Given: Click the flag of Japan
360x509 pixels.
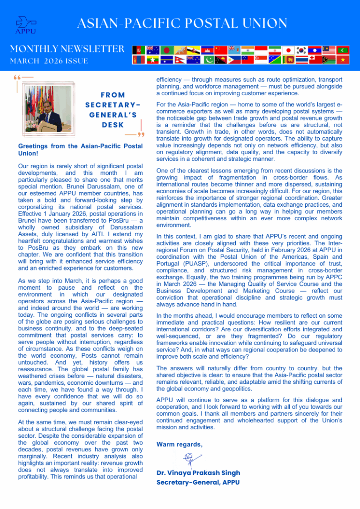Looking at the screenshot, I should (x=287, y=50).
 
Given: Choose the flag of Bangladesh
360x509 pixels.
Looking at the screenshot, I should (x=166, y=50).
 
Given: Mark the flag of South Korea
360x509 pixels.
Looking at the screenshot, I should (x=301, y=50).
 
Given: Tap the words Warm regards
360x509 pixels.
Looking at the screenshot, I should (x=179, y=444).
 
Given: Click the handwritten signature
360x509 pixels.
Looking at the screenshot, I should (x=189, y=458).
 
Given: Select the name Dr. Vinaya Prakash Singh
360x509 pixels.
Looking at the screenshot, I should (x=197, y=473).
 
